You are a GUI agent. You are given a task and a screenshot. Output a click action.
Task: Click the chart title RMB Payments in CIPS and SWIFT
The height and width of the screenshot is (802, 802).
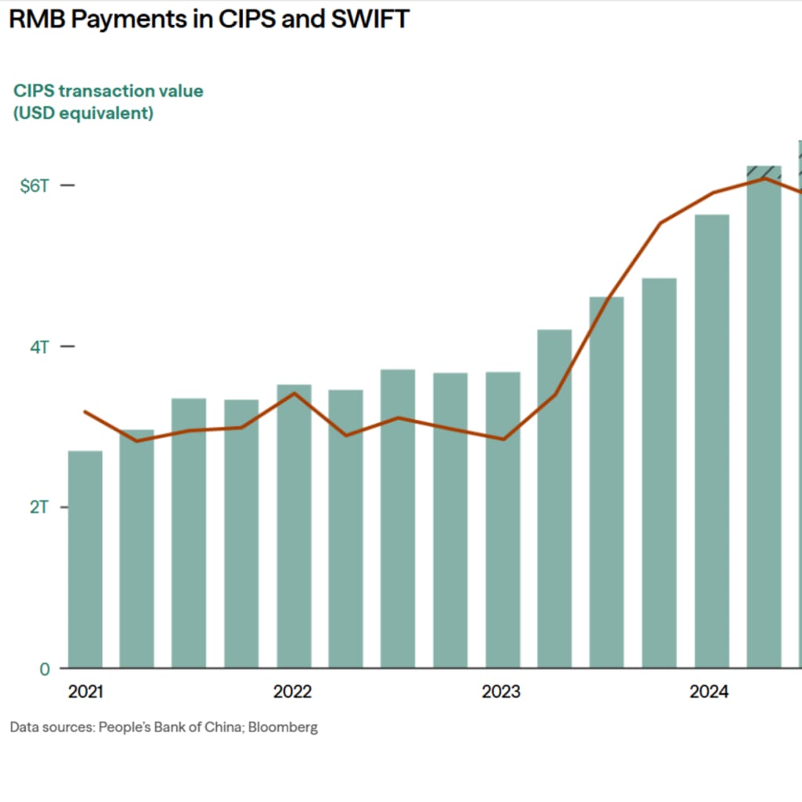(208, 19)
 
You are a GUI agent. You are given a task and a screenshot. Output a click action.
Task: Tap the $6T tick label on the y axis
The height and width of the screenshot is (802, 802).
(34, 186)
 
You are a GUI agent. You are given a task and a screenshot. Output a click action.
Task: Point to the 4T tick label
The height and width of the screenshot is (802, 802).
(39, 346)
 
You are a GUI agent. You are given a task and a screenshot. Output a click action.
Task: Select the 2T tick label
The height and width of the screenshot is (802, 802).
(39, 507)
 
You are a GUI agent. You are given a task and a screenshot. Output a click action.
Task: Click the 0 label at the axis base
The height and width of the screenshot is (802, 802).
(45, 669)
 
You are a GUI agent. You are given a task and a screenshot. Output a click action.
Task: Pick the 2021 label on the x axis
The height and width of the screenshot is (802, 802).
(85, 692)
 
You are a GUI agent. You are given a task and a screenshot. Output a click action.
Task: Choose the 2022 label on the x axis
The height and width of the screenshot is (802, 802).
(293, 692)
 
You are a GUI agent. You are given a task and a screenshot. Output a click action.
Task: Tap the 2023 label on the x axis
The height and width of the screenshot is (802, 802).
(500, 692)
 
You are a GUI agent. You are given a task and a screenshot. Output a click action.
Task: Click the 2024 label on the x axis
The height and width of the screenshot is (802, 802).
(709, 692)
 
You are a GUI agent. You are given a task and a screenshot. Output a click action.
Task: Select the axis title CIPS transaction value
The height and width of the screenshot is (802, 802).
(108, 91)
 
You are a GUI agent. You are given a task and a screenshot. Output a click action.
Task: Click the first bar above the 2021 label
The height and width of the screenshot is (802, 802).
(85, 559)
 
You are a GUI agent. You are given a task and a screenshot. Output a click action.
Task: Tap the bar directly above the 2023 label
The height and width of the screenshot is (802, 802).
(503, 520)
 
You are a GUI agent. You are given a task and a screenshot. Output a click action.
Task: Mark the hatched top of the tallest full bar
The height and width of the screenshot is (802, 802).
(764, 172)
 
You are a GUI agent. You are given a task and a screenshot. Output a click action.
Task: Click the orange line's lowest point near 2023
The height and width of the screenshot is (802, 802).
(503, 439)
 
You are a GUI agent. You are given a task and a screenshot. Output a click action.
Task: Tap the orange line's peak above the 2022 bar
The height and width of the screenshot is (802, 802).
(294, 393)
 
